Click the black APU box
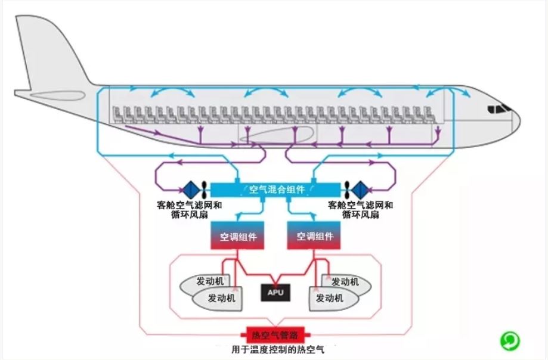click(x=275, y=292)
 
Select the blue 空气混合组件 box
click(x=275, y=190)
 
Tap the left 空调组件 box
click(x=237, y=235)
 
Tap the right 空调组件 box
click(x=314, y=235)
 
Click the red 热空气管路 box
click(x=275, y=335)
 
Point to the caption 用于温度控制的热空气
click(x=278, y=349)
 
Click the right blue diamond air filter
click(x=360, y=190)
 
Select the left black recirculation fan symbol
click(x=205, y=190)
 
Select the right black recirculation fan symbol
click(x=346, y=190)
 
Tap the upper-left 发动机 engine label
click(x=210, y=281)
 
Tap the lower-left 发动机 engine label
click(x=222, y=298)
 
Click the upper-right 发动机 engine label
click(x=345, y=281)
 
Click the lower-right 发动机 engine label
click(x=330, y=298)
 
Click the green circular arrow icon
click(x=510, y=340)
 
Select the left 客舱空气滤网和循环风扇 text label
click(x=190, y=210)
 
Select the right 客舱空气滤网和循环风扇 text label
click(x=360, y=210)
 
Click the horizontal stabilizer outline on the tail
click(x=58, y=95)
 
